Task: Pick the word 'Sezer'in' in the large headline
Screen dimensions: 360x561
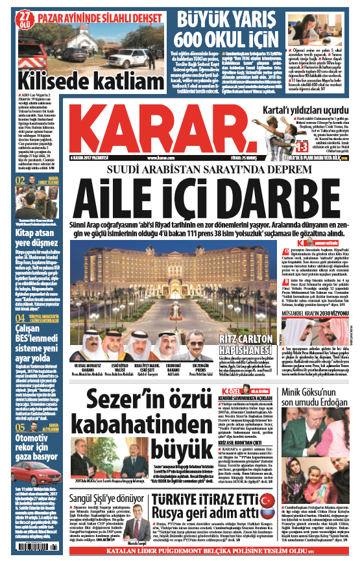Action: click(x=127, y=396)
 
